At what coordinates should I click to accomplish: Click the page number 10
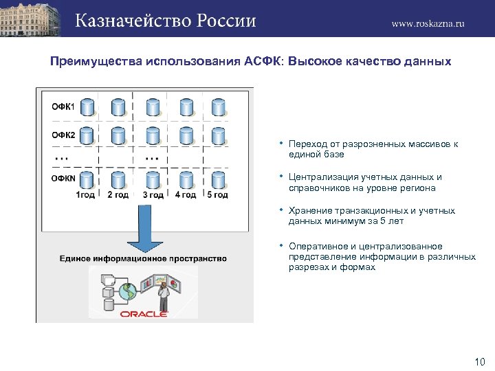pyautogui.click(x=480, y=361)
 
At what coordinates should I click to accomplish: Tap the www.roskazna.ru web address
pyautogui.click(x=428, y=23)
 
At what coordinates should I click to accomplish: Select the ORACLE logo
pyautogui.click(x=144, y=313)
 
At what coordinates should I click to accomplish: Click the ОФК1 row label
pyautogui.click(x=63, y=106)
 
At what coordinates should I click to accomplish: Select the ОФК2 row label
pyautogui.click(x=63, y=135)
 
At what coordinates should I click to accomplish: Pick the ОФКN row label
pyautogui.click(x=64, y=178)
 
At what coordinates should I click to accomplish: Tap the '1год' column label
pyautogui.click(x=85, y=195)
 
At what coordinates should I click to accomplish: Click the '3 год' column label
pyautogui.click(x=153, y=195)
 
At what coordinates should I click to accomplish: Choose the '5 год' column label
pyautogui.click(x=217, y=195)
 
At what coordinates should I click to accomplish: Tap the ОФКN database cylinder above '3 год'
pyautogui.click(x=153, y=180)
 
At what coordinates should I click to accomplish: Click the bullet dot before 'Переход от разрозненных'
pyautogui.click(x=282, y=144)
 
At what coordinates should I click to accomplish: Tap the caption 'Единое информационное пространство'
pyautogui.click(x=143, y=258)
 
